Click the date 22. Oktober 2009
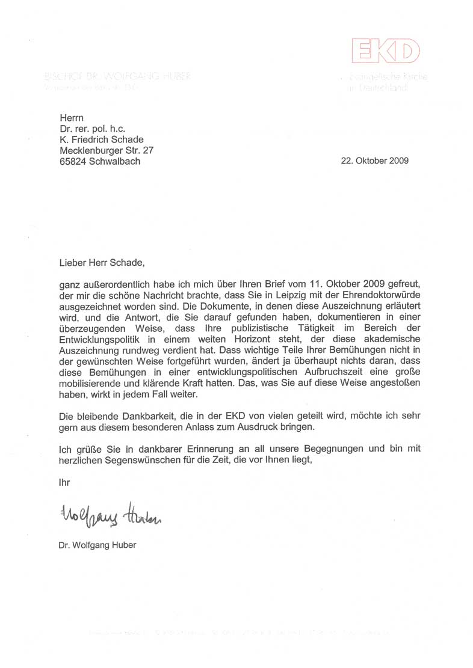(x=374, y=161)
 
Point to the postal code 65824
(x=72, y=161)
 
